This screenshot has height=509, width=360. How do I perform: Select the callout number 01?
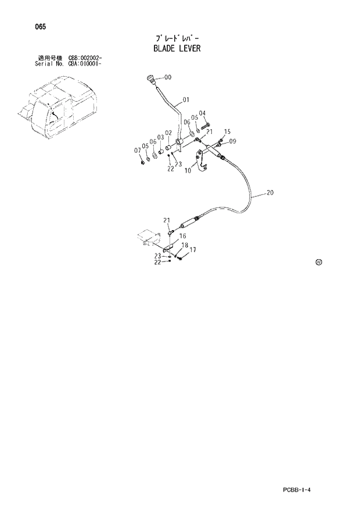pyautogui.click(x=186, y=99)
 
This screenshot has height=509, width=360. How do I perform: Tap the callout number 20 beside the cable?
pyautogui.click(x=271, y=192)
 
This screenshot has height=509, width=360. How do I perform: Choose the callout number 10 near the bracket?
pyautogui.click(x=188, y=171)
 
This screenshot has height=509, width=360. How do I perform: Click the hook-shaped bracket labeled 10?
pyautogui.click(x=202, y=161)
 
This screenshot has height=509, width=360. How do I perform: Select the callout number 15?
pyautogui.click(x=227, y=131)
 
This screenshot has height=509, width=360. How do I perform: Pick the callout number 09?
pyautogui.click(x=232, y=141)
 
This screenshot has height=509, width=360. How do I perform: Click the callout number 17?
pyautogui.click(x=192, y=250)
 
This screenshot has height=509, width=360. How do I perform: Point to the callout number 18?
pyautogui.click(x=184, y=246)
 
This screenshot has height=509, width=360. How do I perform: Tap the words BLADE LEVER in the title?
pyautogui.click(x=177, y=48)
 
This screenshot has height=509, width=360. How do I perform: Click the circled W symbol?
pyautogui.click(x=318, y=262)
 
